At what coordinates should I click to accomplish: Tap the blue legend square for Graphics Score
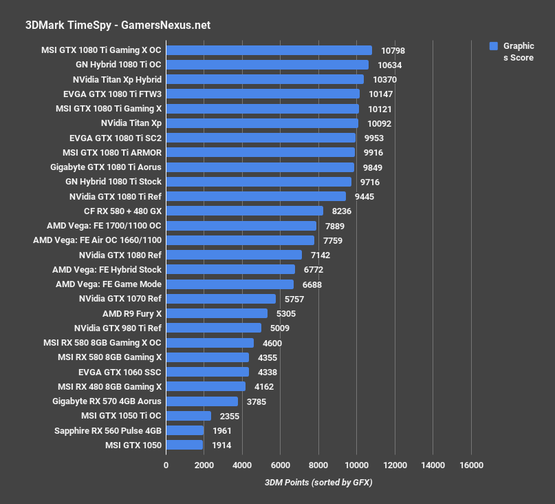pos(493,46)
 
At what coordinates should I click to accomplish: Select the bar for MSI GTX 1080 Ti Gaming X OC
pos(269,50)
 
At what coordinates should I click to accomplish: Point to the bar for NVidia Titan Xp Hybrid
pos(265,80)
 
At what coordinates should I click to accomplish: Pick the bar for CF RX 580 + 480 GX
pos(244,211)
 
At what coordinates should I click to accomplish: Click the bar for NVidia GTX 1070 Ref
pos(221,299)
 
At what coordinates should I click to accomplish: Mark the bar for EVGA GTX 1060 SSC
pos(207,372)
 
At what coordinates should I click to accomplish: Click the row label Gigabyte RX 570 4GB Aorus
pos(107,401)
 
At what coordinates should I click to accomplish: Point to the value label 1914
pos(221,445)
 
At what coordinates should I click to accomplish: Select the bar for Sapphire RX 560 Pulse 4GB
pos(185,430)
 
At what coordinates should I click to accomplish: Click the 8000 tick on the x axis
pos(318,465)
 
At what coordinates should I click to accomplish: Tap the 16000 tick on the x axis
pos(470,465)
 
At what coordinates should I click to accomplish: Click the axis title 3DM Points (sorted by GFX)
pos(318,483)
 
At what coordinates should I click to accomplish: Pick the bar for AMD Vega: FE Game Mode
pos(230,284)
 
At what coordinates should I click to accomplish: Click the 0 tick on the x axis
pos(166,465)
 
